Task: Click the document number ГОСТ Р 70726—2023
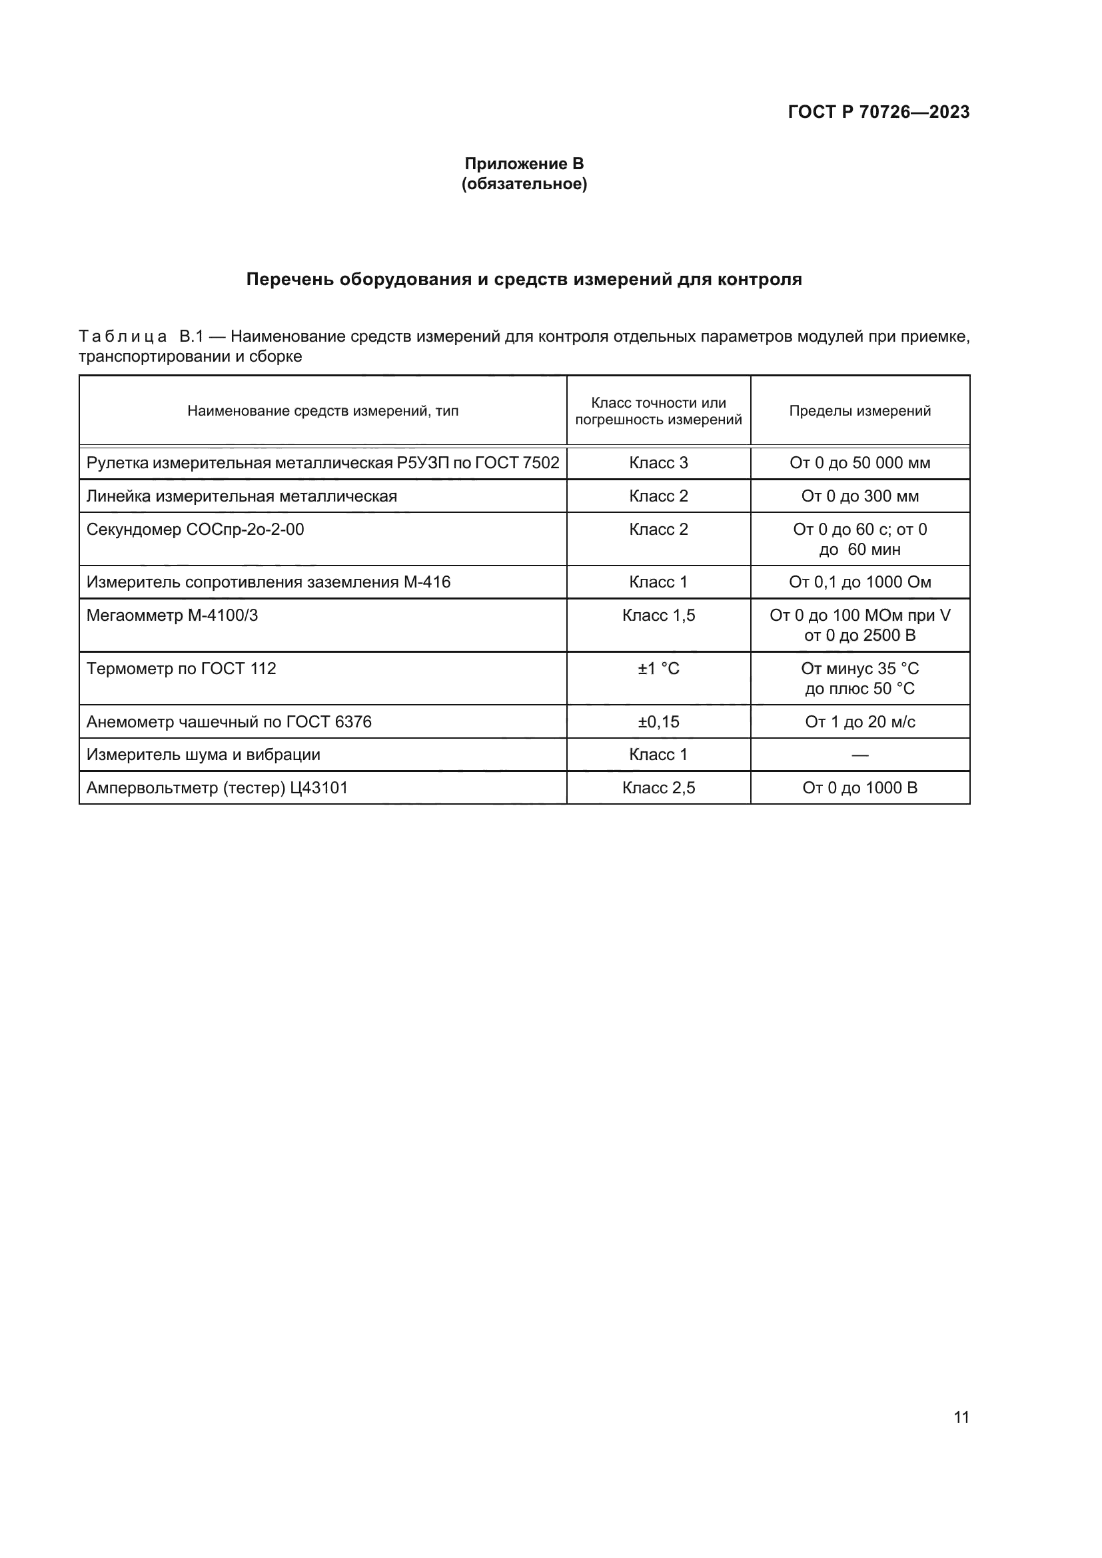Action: click(878, 112)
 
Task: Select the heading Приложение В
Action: click(524, 164)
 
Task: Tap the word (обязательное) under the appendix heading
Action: click(524, 184)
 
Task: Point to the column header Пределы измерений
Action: click(859, 410)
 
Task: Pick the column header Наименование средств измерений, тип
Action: click(322, 410)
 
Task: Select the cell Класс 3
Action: click(658, 463)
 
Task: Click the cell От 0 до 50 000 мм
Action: click(859, 463)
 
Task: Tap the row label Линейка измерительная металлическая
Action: click(242, 496)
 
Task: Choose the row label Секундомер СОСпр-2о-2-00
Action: click(195, 530)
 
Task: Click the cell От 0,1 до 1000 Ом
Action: click(859, 582)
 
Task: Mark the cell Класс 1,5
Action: click(658, 615)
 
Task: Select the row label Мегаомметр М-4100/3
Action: click(173, 615)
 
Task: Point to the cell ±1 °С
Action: click(658, 668)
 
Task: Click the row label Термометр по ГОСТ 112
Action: click(181, 668)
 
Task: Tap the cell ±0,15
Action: click(658, 721)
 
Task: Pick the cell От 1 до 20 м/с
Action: click(859, 721)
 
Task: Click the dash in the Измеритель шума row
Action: click(859, 755)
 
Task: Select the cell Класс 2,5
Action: click(658, 788)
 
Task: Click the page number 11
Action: click(961, 1417)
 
